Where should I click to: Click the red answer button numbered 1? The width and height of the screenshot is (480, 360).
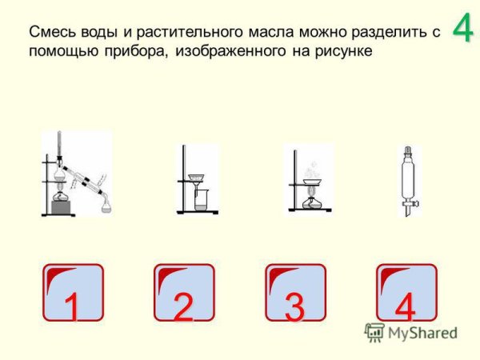point(73,293)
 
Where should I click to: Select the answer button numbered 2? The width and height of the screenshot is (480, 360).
point(184,293)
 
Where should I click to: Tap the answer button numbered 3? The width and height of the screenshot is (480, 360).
point(295,293)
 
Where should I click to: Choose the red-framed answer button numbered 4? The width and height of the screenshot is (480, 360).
point(406,293)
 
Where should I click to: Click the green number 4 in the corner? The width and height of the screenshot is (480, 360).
point(462,28)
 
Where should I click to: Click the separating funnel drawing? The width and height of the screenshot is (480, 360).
point(408,180)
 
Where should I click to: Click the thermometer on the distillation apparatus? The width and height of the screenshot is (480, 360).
point(60,149)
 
